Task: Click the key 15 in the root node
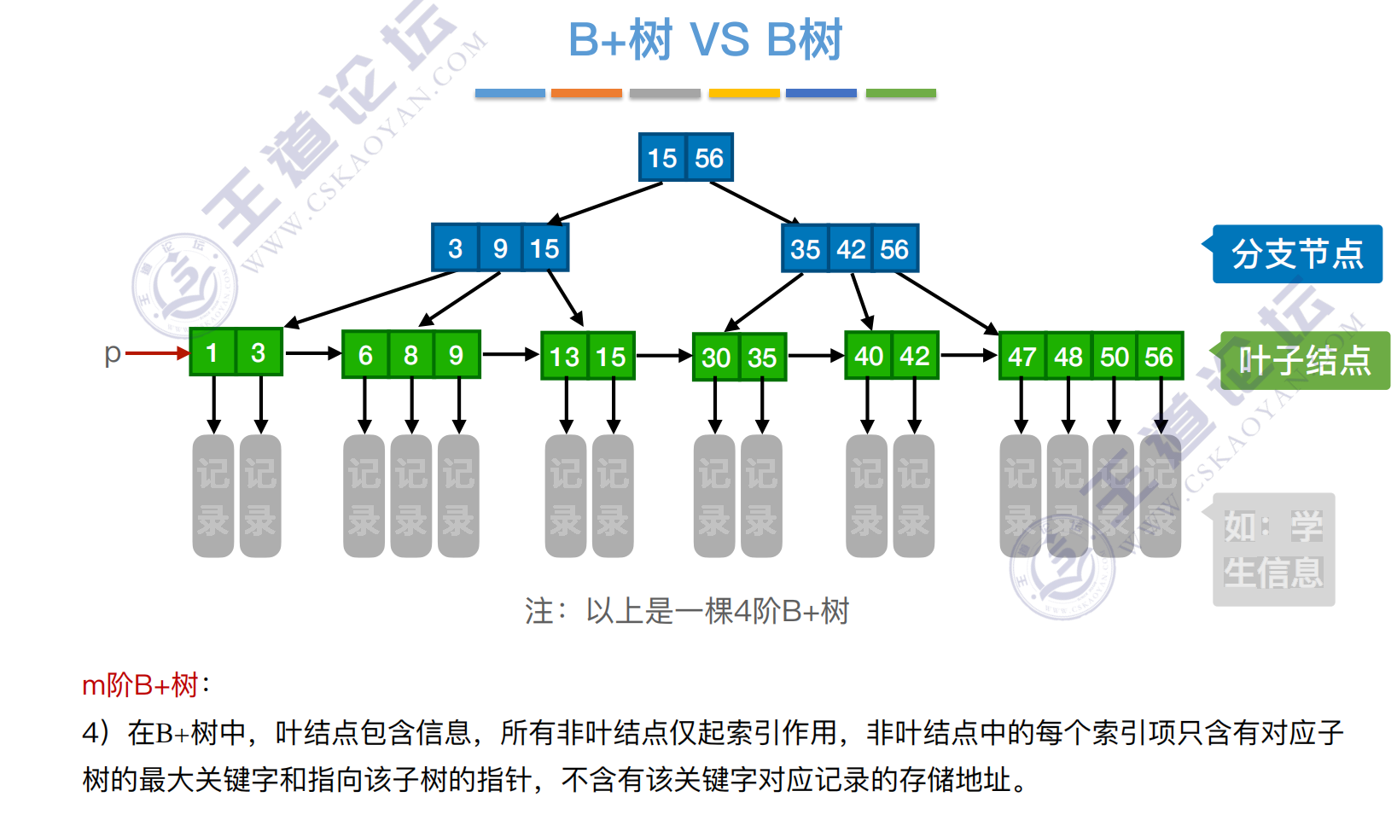(x=661, y=158)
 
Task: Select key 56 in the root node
(x=709, y=158)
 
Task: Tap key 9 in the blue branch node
(x=500, y=248)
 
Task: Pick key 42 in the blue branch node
(x=851, y=249)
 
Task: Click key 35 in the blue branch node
(x=805, y=249)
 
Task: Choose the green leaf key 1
(x=212, y=352)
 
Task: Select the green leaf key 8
(x=410, y=355)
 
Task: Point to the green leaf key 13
(x=564, y=357)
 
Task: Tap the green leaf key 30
(x=715, y=358)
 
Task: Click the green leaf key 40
(x=868, y=356)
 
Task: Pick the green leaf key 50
(x=1114, y=357)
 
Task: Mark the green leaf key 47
(x=1022, y=357)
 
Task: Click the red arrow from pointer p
(x=158, y=352)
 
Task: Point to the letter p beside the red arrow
(x=112, y=353)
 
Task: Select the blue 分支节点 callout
(x=1296, y=253)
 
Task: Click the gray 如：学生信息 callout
(x=1273, y=550)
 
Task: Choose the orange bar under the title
(x=586, y=93)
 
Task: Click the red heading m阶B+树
(x=142, y=683)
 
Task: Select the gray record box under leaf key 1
(x=213, y=496)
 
